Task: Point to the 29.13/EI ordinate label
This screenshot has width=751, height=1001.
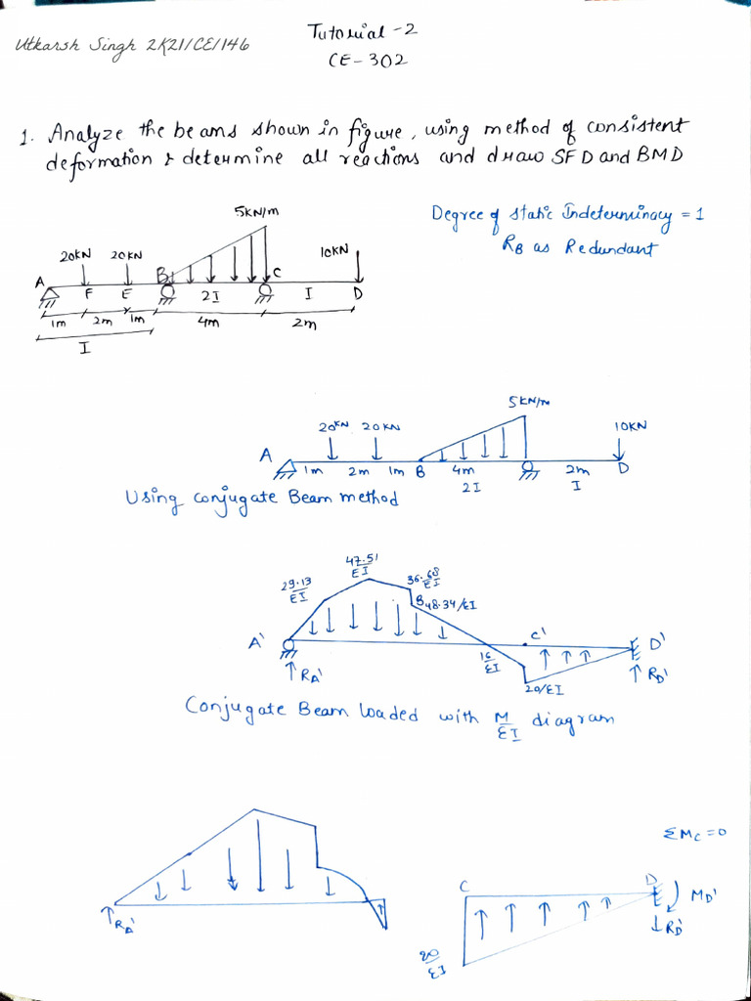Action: (x=295, y=589)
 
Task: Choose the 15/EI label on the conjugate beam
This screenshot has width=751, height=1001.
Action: (x=490, y=662)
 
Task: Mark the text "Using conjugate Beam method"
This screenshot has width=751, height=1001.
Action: (x=261, y=499)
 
